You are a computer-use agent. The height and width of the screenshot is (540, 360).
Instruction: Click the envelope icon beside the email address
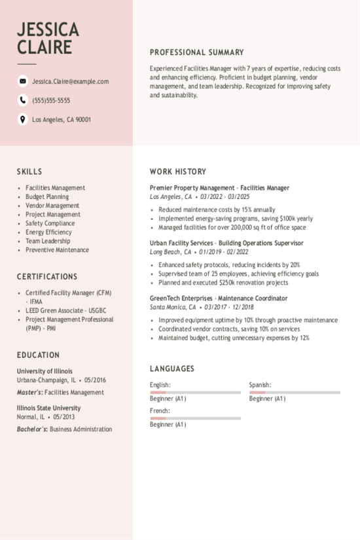point(23,81)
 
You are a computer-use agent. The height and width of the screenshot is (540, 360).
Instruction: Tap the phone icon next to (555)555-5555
point(23,100)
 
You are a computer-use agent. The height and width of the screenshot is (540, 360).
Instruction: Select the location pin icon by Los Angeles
point(23,119)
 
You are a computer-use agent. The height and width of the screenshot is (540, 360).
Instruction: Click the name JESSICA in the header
point(48,29)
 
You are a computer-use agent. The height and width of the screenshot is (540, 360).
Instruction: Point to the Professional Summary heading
point(196,52)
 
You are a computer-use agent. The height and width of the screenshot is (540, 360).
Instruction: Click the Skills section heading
point(29,171)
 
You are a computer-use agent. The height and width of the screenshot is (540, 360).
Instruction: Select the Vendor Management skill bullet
point(52,206)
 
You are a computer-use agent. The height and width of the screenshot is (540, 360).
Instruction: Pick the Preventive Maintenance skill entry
point(57,250)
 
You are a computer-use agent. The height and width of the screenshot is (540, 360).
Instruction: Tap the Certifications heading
point(47,277)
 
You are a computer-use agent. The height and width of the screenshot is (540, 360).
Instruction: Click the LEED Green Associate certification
point(65,310)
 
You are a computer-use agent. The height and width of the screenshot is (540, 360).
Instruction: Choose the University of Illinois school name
point(45,371)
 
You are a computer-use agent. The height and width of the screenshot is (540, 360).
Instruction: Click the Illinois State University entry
point(49,408)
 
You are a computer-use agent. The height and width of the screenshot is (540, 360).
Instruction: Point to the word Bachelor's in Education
point(31,429)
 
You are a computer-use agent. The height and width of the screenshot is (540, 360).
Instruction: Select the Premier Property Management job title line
point(219,188)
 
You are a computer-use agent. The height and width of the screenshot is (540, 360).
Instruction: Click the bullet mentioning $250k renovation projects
point(223,283)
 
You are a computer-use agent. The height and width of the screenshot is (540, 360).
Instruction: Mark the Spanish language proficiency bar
point(295,392)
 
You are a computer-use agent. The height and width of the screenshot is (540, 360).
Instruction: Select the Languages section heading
point(172,369)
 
